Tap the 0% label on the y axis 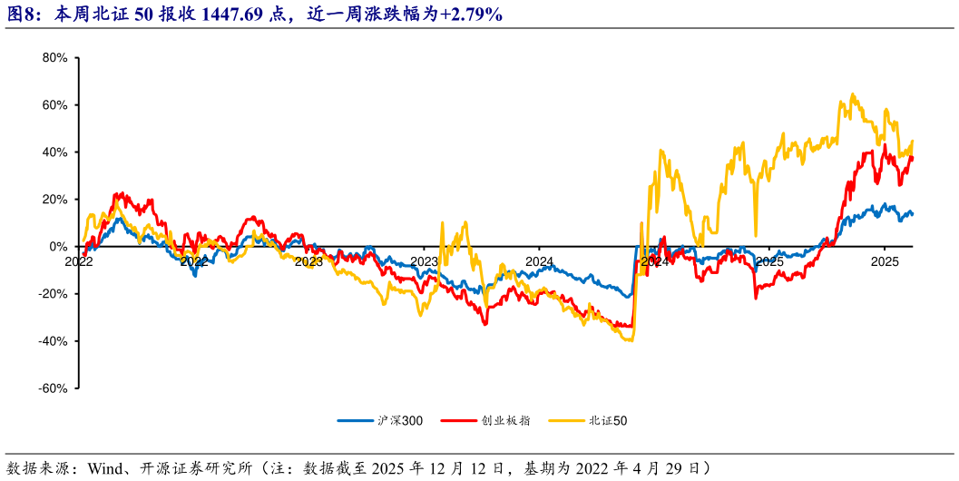pos(58,247)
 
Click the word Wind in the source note pos(107,468)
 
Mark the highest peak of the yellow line pos(852,93)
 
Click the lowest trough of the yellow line pos(629,340)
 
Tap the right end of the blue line pos(912,214)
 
